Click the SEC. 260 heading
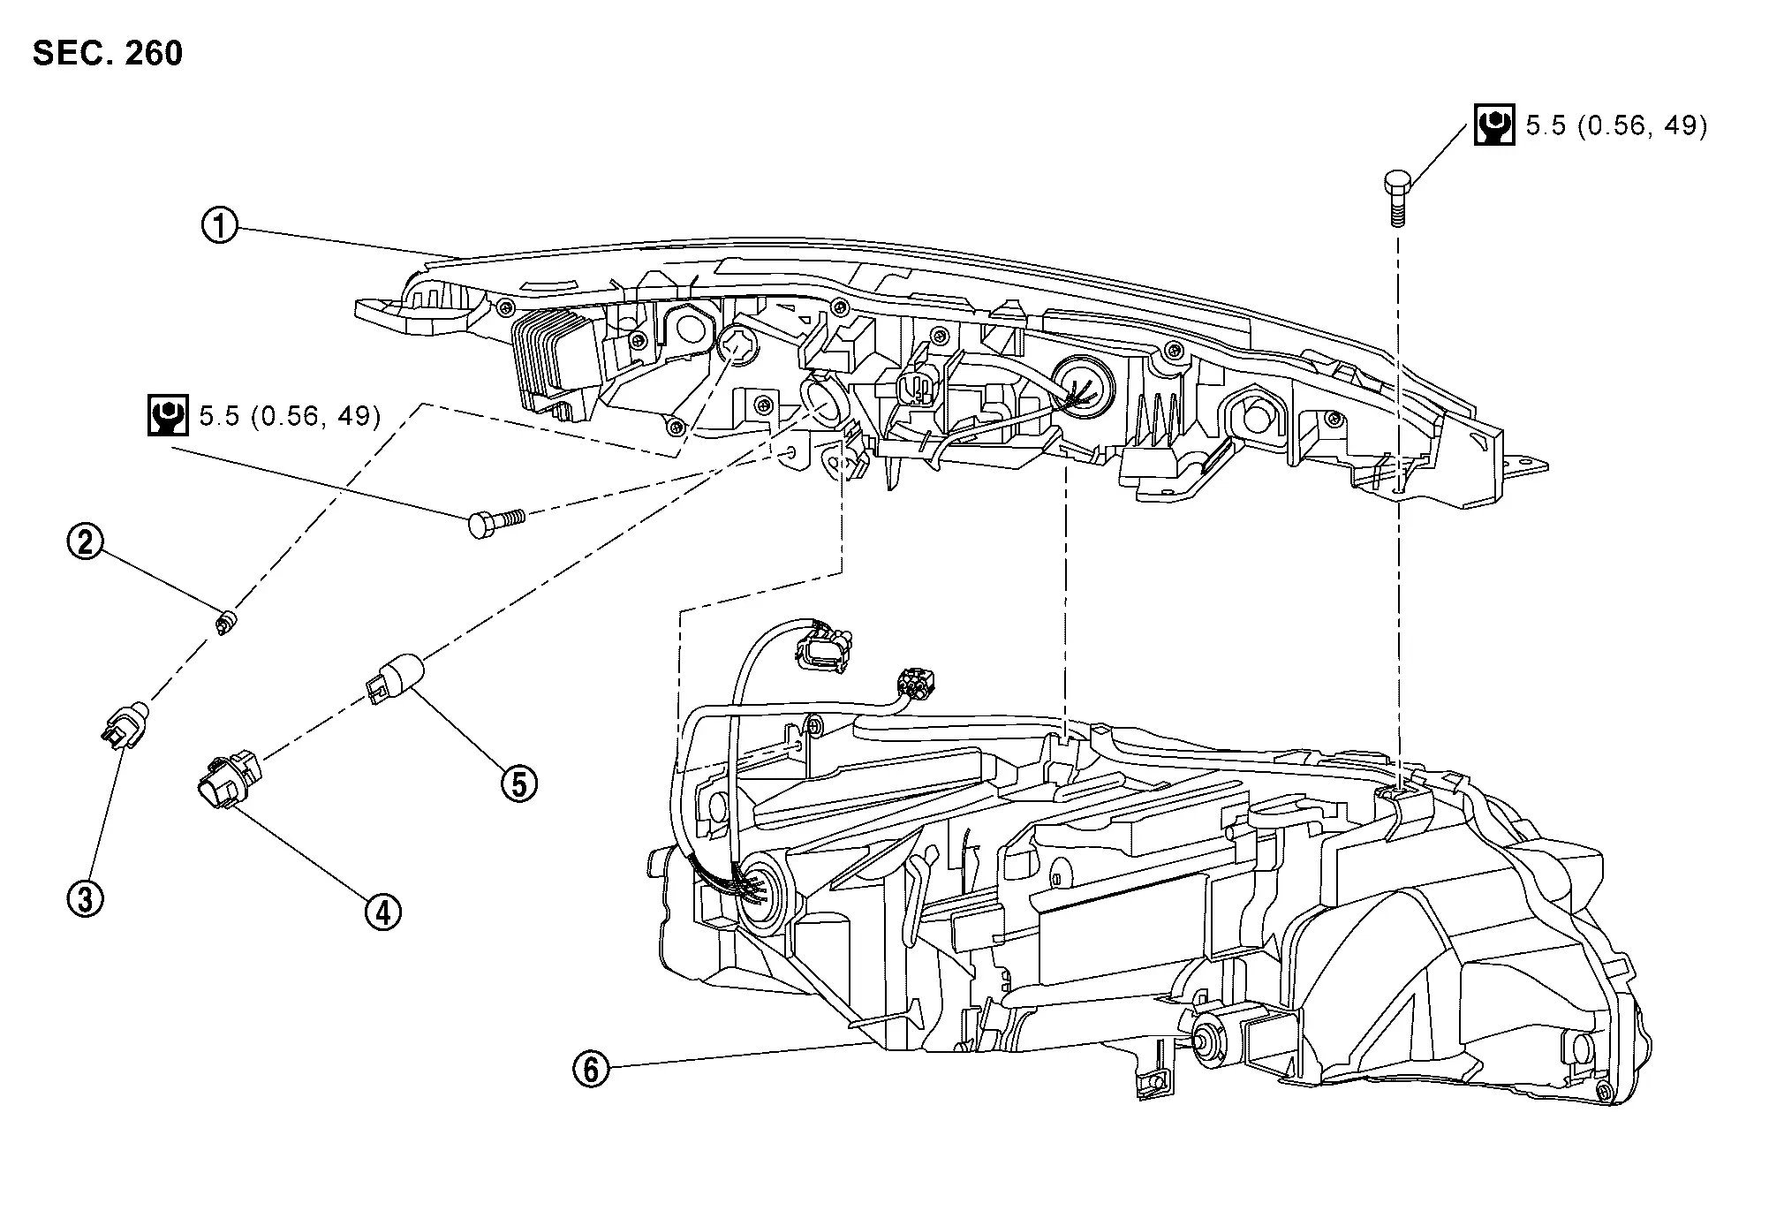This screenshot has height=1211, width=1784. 108,53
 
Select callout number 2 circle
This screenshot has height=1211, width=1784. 86,541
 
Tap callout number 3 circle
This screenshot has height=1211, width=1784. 86,898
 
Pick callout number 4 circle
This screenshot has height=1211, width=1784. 382,912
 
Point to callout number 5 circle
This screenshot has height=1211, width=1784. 519,783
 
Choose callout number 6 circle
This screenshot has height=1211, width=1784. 591,1070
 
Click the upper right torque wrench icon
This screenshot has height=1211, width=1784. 1494,125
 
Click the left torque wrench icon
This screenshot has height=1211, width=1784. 167,415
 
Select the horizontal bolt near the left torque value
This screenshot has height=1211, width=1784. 494,521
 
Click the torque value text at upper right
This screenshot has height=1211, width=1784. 1616,125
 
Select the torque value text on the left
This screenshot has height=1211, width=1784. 290,416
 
